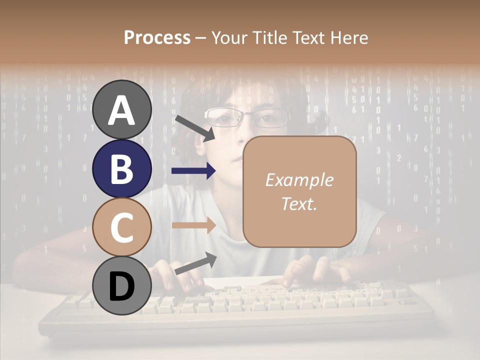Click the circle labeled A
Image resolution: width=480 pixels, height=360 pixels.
122,109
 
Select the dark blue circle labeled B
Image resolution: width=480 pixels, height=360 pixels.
122,168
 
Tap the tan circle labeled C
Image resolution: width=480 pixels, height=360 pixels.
122,227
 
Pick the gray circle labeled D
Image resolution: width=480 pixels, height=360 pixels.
122,286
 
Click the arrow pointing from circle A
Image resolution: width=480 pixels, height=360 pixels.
194,127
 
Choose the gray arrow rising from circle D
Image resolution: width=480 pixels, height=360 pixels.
195,263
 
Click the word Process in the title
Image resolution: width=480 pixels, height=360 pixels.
157,37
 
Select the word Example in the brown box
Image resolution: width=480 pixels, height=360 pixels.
299,180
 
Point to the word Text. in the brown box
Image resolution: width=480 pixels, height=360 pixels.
299,203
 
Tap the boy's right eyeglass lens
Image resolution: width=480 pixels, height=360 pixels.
269,118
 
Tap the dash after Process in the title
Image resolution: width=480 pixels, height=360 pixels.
201,38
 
